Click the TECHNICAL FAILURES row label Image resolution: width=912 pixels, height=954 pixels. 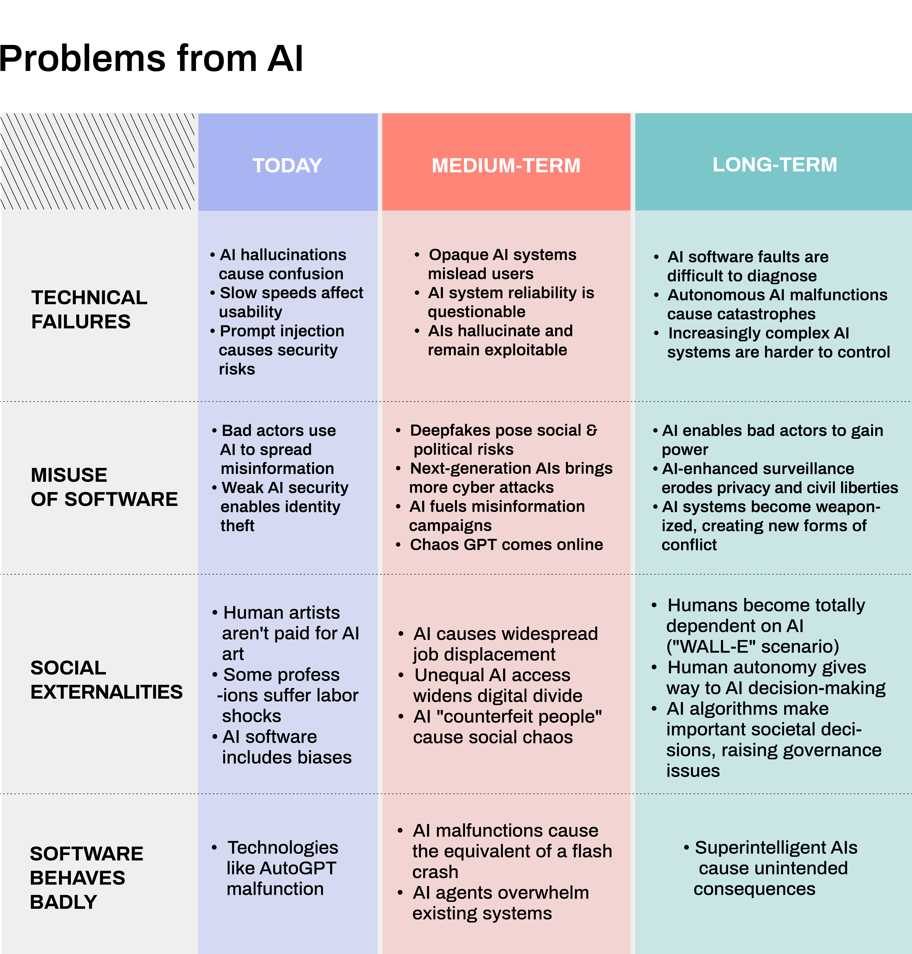coord(89,310)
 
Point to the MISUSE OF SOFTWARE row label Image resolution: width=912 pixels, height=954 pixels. coord(104,487)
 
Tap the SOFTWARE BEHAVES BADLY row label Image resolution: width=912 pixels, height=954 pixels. coord(87,878)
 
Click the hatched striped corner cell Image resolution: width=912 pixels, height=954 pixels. coord(97,161)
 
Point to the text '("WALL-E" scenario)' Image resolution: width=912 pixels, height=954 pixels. coord(753,646)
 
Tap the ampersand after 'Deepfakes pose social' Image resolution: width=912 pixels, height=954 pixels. coord(592,430)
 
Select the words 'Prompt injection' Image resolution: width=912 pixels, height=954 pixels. coord(282,331)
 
